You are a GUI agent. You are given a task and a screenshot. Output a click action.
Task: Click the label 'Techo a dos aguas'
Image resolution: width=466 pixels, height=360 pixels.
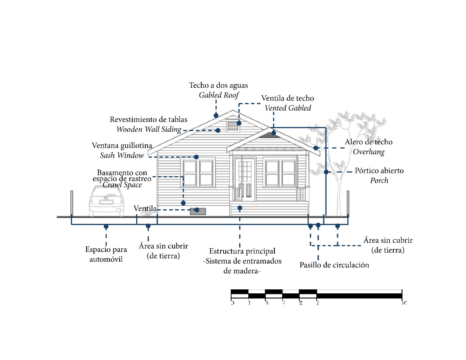tap(218, 85)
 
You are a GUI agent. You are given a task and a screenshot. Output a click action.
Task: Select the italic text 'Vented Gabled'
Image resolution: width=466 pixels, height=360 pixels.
tap(288, 108)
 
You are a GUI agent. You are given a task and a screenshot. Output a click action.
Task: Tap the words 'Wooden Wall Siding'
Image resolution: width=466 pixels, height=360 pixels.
tap(149, 129)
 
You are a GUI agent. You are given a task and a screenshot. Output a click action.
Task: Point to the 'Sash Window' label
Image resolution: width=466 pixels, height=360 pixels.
tap(122, 155)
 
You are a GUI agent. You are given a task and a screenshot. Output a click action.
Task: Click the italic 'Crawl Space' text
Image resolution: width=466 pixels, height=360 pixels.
tap(122, 185)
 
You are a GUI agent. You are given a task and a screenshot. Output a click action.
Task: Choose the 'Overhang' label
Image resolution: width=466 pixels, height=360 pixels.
tap(368, 152)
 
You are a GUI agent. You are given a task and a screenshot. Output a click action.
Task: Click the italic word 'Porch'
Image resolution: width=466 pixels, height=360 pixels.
tap(379, 181)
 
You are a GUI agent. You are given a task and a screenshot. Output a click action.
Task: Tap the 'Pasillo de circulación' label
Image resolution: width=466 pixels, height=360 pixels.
tap(334, 265)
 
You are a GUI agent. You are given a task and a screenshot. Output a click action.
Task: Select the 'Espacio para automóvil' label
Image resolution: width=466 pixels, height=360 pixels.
tap(106, 254)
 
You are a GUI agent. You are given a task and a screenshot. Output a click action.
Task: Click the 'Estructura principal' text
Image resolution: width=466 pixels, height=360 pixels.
tap(242, 251)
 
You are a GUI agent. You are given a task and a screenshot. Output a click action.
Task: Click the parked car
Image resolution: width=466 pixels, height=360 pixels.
tap(106, 200)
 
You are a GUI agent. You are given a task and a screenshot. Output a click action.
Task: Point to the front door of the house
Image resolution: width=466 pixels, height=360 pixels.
tap(245, 179)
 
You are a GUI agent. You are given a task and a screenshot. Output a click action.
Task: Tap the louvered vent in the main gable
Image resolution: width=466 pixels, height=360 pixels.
tap(232, 125)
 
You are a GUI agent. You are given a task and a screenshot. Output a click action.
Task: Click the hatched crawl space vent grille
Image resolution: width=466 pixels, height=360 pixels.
tap(198, 211)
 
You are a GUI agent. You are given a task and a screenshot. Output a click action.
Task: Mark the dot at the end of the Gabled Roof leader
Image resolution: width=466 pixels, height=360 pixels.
tap(216, 115)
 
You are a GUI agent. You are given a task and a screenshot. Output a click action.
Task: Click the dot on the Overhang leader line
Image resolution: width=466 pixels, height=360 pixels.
tap(316, 148)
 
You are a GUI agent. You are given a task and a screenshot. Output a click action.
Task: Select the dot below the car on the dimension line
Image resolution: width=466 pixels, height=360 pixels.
tap(106, 226)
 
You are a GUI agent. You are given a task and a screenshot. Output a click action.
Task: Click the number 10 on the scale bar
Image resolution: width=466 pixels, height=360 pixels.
tap(404, 303)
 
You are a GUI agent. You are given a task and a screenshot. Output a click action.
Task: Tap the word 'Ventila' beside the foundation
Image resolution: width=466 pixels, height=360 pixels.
tap(145, 209)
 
